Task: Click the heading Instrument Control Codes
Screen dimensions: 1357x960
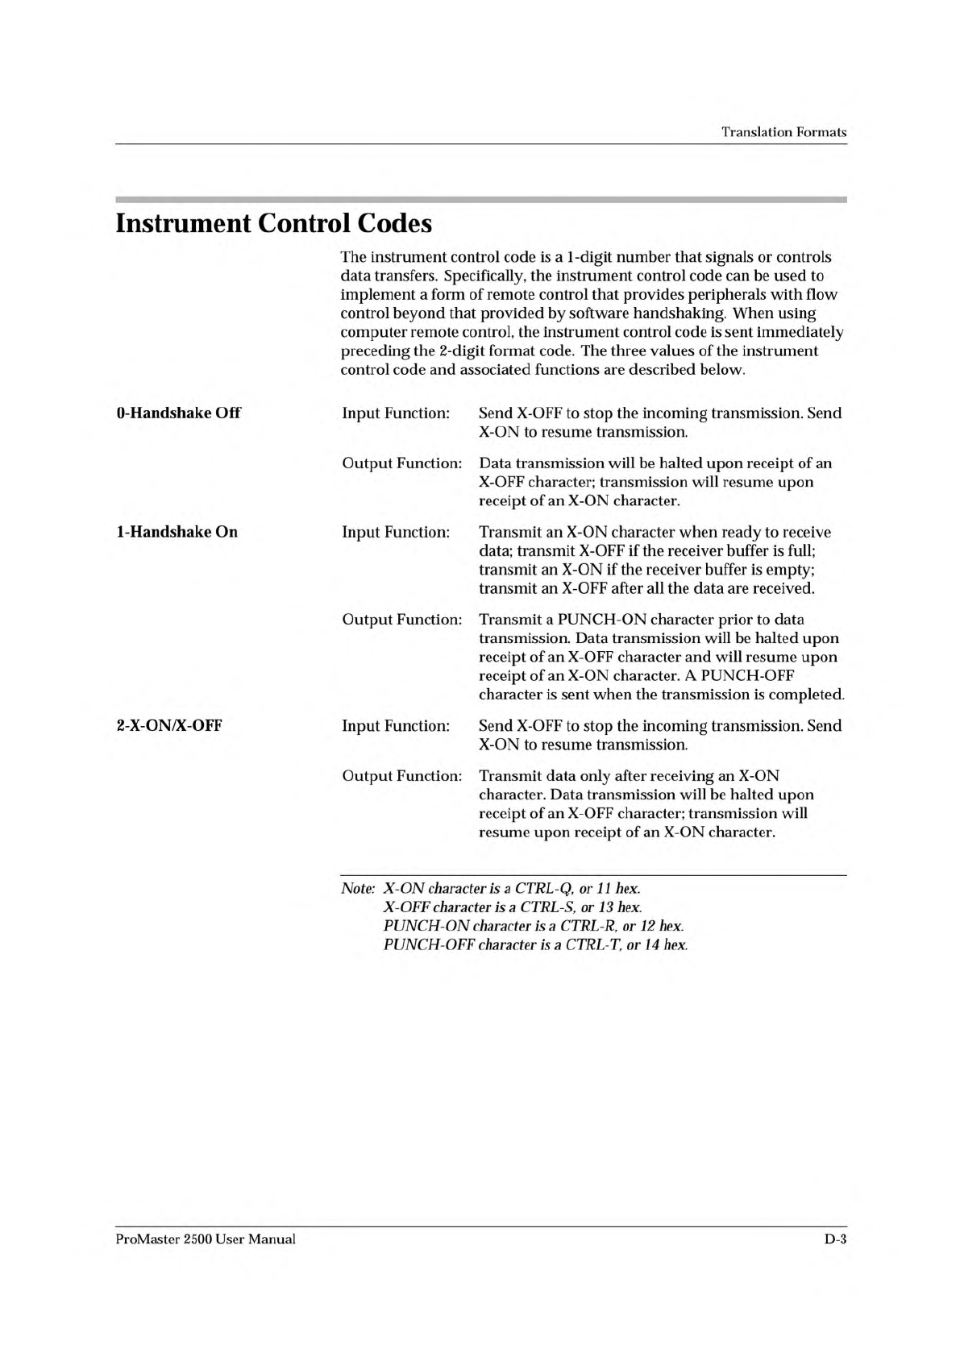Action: pos(274,223)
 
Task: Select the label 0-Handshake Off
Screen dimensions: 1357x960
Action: pos(178,413)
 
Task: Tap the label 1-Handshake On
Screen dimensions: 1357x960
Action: pos(177,532)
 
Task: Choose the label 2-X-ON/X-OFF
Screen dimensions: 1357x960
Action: pos(169,725)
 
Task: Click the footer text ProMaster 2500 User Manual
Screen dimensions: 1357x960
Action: pos(206,1239)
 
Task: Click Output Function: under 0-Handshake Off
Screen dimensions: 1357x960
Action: pos(402,463)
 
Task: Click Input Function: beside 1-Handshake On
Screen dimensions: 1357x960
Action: pos(396,532)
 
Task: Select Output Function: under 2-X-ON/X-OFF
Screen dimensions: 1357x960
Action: pos(402,776)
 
